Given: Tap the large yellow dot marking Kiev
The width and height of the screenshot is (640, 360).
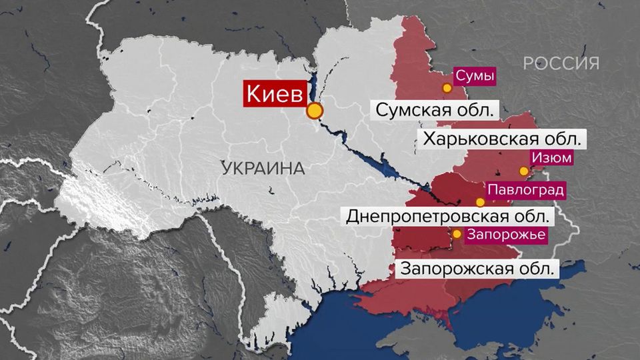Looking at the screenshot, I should pyautogui.click(x=315, y=111).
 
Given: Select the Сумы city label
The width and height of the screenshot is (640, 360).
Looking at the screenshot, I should pyautogui.click(x=474, y=76).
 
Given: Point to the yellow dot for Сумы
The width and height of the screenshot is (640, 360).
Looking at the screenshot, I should pyautogui.click(x=447, y=87).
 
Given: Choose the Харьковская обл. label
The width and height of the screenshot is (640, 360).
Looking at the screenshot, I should pyautogui.click(x=502, y=139).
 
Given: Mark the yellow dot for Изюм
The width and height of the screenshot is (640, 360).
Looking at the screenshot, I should pyautogui.click(x=524, y=171).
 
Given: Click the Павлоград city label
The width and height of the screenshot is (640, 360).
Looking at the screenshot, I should pyautogui.click(x=525, y=189).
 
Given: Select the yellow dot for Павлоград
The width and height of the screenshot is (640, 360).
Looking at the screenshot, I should pyautogui.click(x=480, y=202).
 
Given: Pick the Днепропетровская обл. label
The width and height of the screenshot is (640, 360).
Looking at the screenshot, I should pyautogui.click(x=447, y=217).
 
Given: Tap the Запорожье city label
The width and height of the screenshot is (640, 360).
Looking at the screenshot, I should pyautogui.click(x=506, y=235).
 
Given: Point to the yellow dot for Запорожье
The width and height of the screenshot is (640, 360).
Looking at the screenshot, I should pyautogui.click(x=457, y=234).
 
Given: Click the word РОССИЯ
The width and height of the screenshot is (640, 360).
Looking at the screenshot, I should pyautogui.click(x=561, y=63).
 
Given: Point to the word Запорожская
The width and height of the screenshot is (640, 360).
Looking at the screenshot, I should pyautogui.click(x=455, y=270).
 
